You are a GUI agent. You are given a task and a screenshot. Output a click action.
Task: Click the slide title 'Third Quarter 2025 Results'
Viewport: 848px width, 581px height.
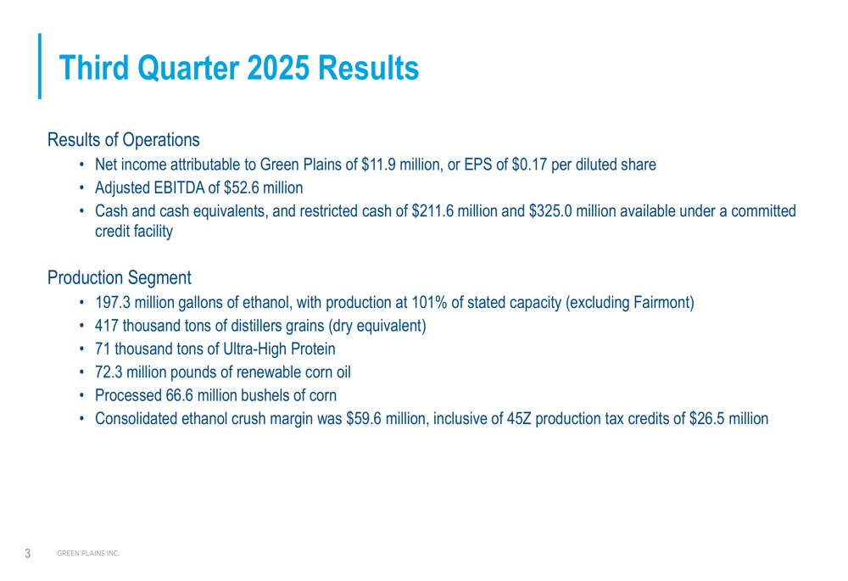(x=241, y=69)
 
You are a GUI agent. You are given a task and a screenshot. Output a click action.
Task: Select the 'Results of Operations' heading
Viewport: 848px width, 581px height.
(x=124, y=138)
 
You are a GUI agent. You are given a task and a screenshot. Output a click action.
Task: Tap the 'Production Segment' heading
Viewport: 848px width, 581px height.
(x=119, y=277)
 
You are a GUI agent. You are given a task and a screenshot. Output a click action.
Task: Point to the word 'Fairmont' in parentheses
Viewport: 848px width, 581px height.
(x=662, y=301)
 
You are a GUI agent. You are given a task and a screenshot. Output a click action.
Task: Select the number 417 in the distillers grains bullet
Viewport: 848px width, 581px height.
(x=107, y=325)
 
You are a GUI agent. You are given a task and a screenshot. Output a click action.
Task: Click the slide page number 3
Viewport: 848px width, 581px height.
(x=27, y=554)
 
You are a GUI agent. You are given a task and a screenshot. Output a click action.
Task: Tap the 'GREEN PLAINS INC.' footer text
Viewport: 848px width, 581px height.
(x=88, y=554)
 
